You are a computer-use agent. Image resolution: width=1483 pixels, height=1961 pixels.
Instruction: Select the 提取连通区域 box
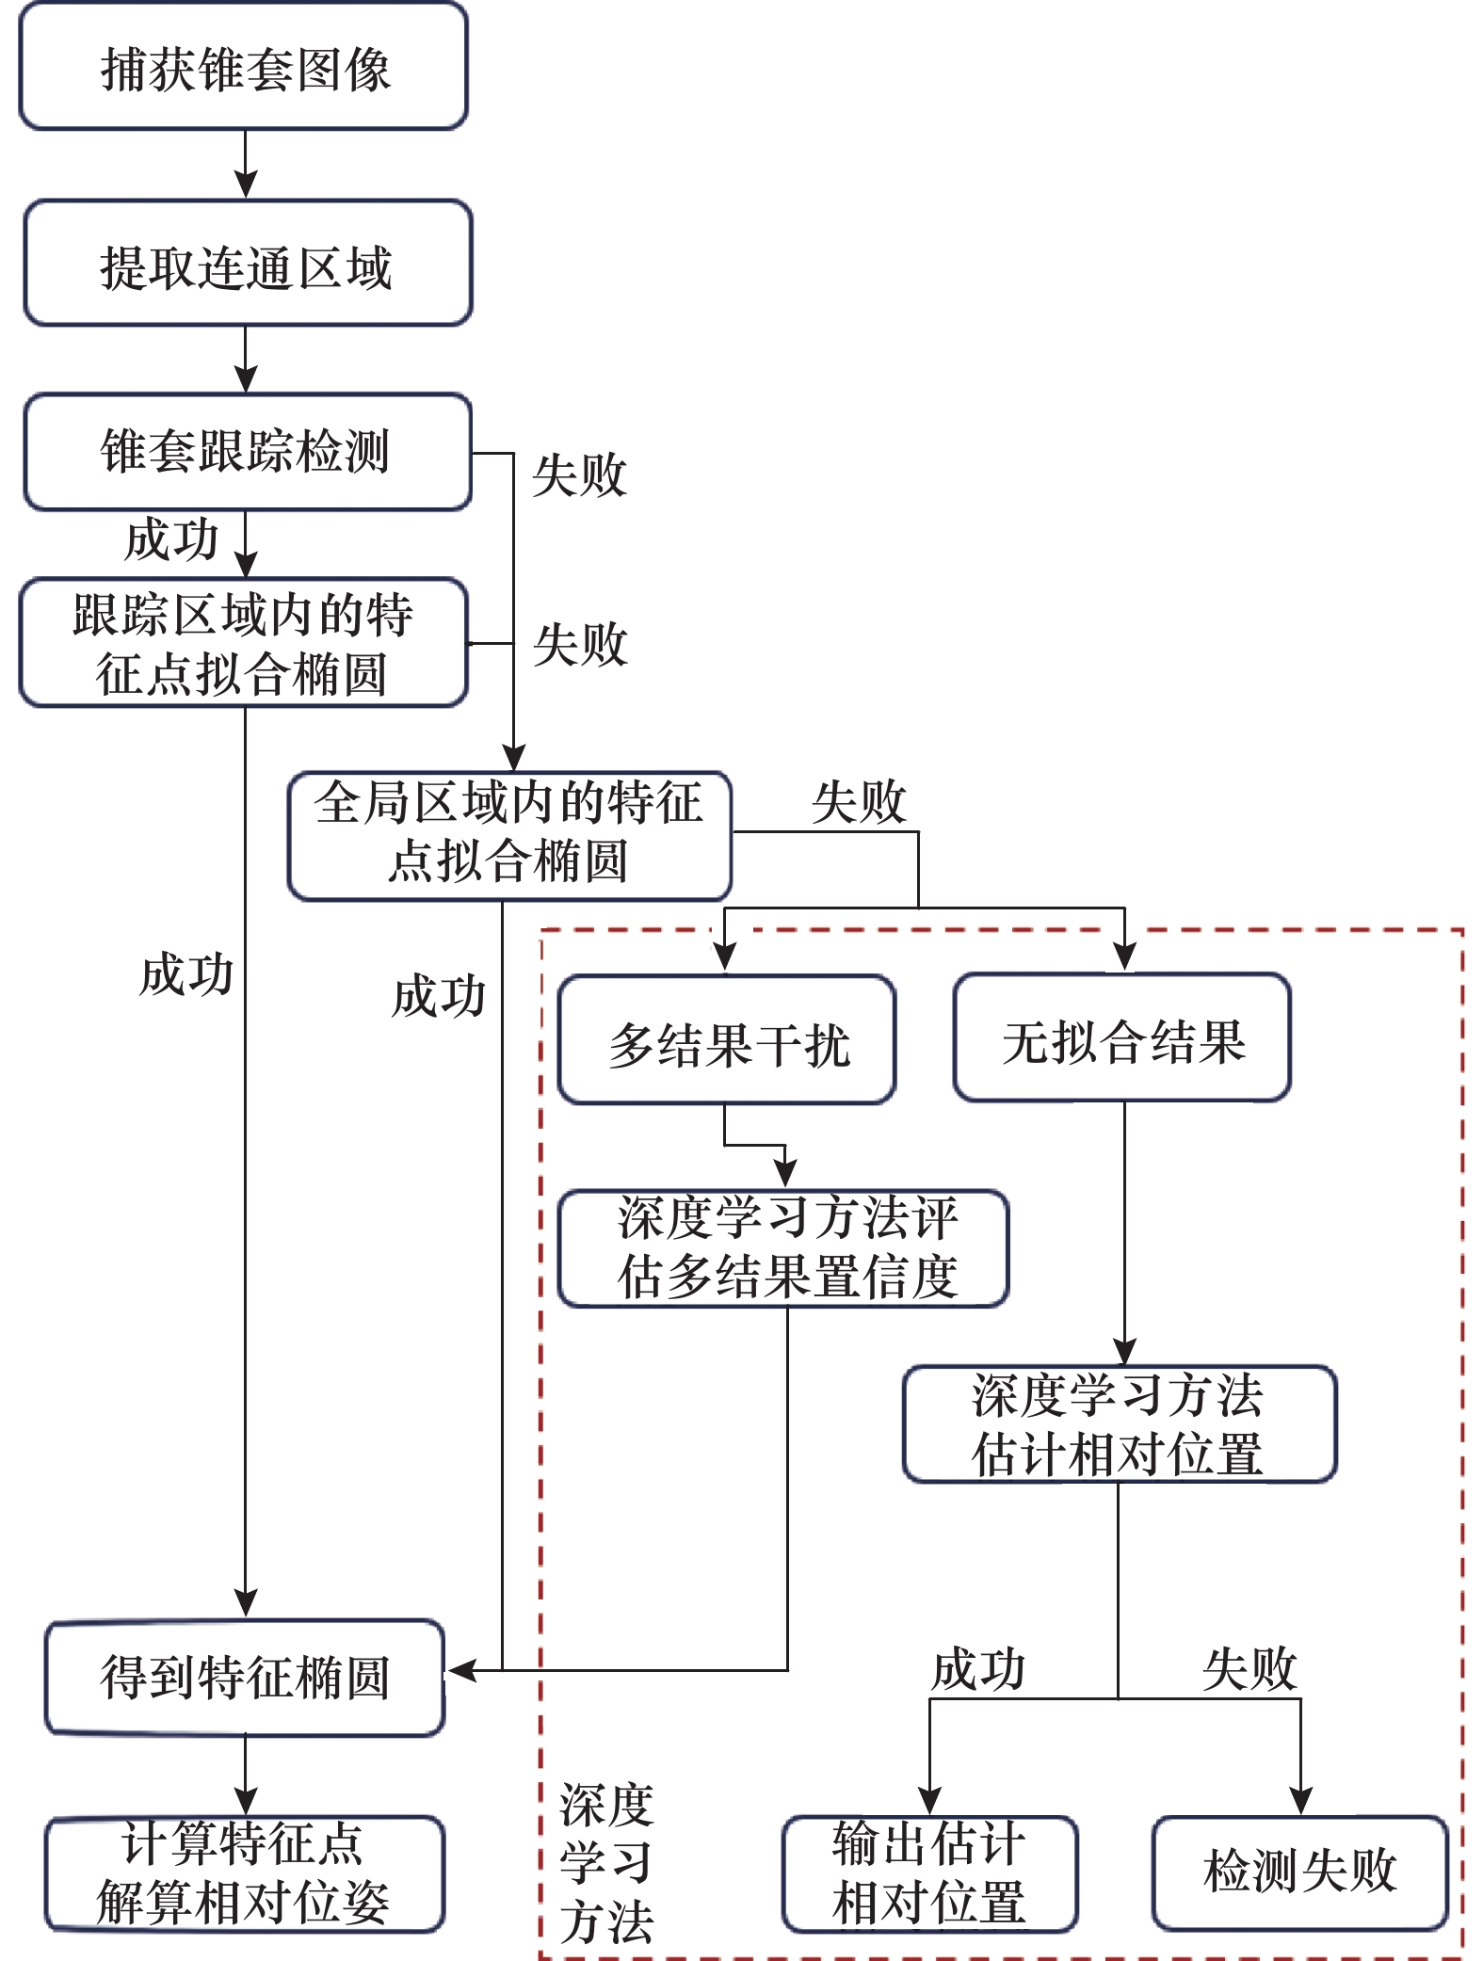247,265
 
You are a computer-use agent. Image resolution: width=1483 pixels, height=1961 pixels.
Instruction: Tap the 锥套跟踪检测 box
247,452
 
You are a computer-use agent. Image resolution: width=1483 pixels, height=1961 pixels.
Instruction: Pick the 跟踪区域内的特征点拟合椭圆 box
243,643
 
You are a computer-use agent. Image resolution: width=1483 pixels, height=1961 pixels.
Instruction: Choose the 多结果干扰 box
726,1040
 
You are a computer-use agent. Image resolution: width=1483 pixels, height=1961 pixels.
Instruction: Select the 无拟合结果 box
1121,1037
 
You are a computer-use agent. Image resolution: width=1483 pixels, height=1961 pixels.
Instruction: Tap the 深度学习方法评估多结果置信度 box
783,1248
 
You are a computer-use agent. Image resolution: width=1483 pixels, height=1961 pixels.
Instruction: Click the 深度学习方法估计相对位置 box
1119,1424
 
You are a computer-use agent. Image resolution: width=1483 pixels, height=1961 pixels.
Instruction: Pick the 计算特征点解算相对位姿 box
245,1873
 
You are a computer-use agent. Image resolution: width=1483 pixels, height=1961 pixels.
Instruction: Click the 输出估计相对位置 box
929,1873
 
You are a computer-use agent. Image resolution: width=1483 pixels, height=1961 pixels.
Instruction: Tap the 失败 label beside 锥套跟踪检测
578,475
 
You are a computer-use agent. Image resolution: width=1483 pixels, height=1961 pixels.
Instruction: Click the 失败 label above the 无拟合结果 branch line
858,802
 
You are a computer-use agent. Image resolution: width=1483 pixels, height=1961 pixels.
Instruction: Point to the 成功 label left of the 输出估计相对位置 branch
977,1669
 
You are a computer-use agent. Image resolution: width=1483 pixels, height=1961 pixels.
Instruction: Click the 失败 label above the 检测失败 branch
1249,1669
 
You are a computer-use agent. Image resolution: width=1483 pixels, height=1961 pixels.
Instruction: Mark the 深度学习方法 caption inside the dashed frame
605,1864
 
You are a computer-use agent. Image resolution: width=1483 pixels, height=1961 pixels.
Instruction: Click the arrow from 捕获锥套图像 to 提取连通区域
246,165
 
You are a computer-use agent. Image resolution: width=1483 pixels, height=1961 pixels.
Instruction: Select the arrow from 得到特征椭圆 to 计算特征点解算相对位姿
246,1776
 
